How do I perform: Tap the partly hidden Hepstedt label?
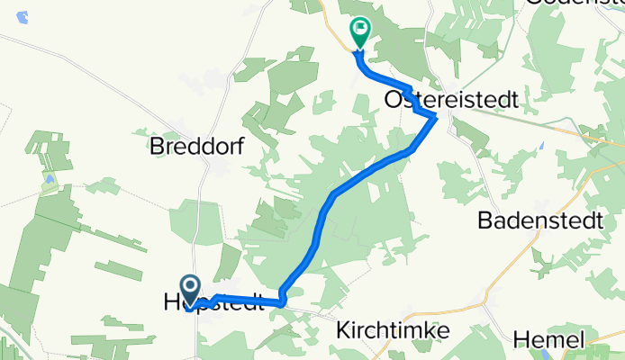click(x=213, y=303)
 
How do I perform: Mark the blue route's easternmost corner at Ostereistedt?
click(x=436, y=117)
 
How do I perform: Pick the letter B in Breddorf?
click(x=159, y=145)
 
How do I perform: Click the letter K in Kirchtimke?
click(x=342, y=330)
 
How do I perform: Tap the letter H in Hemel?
click(x=521, y=340)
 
